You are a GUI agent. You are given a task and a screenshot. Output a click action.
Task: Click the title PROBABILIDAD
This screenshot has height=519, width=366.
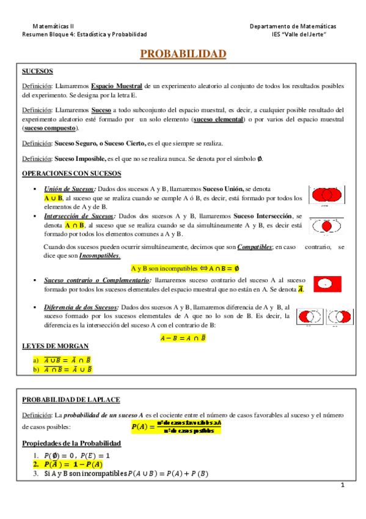tap(183, 54)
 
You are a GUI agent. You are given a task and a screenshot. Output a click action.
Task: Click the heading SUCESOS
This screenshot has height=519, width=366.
tap(37, 72)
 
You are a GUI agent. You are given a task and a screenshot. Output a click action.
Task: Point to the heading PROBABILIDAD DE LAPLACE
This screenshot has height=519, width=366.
tap(71, 400)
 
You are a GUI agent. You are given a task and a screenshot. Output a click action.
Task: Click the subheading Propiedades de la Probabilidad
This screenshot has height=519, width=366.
tap(71, 443)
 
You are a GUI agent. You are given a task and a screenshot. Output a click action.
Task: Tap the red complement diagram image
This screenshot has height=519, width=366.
tap(328, 284)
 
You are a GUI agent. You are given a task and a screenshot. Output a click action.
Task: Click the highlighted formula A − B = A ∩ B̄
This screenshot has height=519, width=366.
tap(183, 337)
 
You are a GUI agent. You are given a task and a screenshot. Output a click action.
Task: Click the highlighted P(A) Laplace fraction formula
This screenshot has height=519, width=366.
tap(177, 427)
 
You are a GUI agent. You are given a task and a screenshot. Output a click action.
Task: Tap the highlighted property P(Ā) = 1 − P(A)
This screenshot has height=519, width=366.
tap(70, 465)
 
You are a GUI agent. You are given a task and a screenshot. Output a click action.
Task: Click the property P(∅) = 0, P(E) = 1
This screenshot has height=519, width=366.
tap(76, 455)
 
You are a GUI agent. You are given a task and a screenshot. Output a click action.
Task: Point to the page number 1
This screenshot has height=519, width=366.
tap(343, 485)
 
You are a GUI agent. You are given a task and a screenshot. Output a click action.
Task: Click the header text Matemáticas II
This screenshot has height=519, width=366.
tap(53, 27)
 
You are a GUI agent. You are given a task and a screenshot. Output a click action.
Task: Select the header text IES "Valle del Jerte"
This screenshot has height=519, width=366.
tap(299, 35)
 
